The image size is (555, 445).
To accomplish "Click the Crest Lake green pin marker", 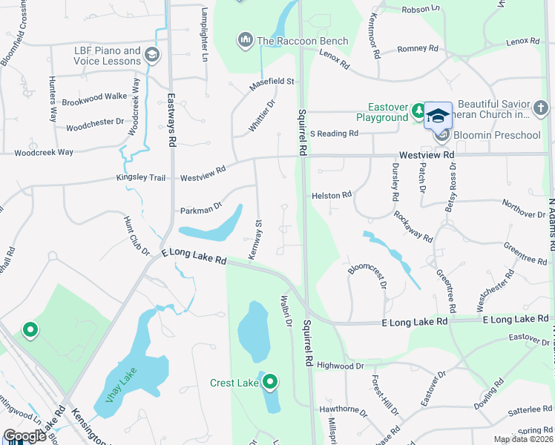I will pyautogui.click(x=270, y=382).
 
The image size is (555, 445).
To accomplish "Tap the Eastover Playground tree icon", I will pyautogui.click(x=418, y=111).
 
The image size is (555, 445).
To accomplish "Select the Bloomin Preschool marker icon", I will pyautogui.click(x=441, y=134).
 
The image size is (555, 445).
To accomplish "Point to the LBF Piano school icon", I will pyautogui.click(x=152, y=55).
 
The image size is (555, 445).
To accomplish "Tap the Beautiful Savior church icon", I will pyautogui.click(x=542, y=111).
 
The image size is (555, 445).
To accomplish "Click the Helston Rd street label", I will pyautogui.click(x=331, y=195).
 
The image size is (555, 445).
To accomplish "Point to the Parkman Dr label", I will pyautogui.click(x=201, y=211).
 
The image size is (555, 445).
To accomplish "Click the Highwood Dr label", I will pyautogui.click(x=340, y=366).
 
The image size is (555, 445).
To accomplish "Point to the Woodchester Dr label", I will pyautogui.click(x=95, y=125).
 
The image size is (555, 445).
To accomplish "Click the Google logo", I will pyautogui.click(x=24, y=436).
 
